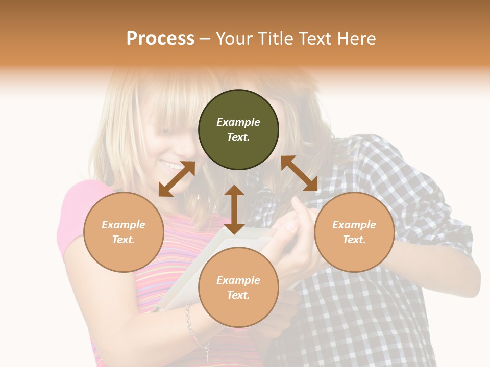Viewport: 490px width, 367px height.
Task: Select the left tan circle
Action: [124, 232]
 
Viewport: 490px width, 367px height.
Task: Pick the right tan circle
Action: [354, 232]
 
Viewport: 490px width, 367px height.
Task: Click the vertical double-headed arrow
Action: [234, 209]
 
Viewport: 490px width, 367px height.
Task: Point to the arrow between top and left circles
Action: [177, 179]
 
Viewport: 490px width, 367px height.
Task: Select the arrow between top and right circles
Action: [299, 173]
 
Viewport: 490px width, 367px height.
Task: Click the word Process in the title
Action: [160, 39]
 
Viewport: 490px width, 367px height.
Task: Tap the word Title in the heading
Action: [275, 39]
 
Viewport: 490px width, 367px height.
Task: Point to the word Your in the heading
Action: [234, 39]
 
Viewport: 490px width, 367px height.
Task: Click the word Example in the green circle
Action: [238, 122]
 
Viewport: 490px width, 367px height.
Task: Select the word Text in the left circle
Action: [124, 240]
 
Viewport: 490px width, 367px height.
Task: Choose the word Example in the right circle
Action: [354, 225]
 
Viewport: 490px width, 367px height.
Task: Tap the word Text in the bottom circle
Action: [238, 295]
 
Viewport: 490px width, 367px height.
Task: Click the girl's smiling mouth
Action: [171, 165]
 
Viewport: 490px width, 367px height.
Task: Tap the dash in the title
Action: [205, 39]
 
